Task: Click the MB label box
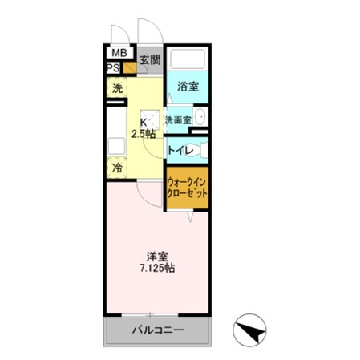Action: point(119,54)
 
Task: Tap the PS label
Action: point(112,67)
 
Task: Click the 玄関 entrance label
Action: point(149,59)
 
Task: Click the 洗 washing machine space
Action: point(117,88)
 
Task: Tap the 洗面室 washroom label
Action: point(178,120)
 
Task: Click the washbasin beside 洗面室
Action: point(200,119)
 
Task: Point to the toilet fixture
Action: point(201,149)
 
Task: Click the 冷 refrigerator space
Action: point(117,169)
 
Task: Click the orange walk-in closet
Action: point(188,191)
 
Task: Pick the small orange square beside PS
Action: point(129,68)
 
